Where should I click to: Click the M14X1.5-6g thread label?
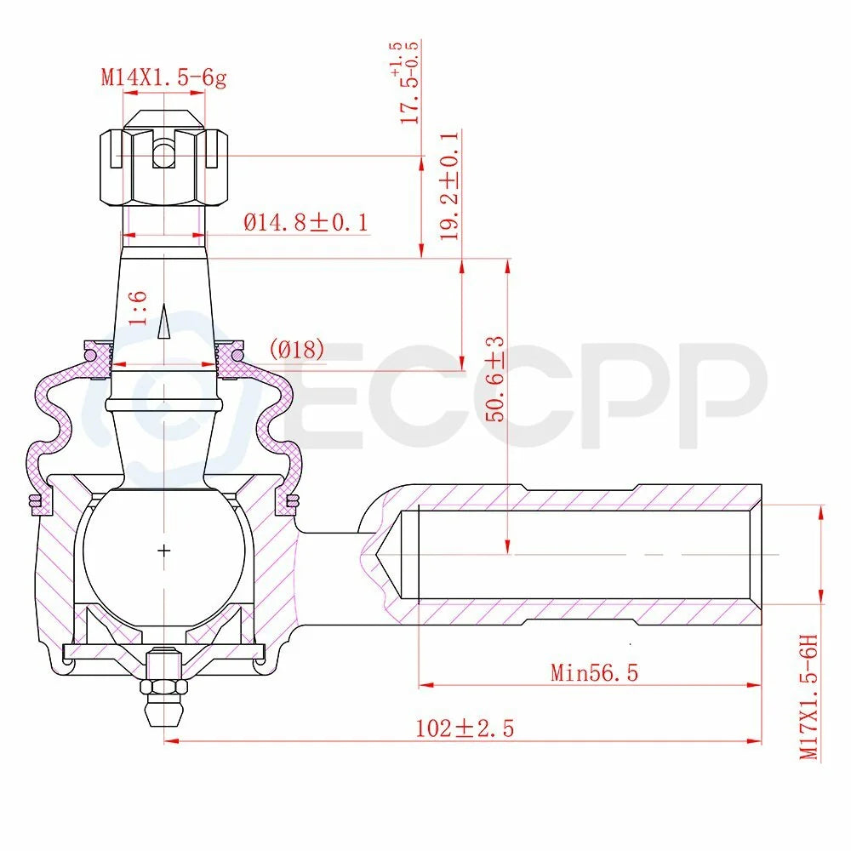click(x=163, y=77)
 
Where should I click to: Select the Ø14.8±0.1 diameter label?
click(x=306, y=222)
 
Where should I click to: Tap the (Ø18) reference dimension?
click(x=297, y=350)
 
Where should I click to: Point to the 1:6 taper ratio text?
click(x=139, y=308)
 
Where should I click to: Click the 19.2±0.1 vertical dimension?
click(x=448, y=185)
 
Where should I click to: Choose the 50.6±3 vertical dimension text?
click(x=494, y=380)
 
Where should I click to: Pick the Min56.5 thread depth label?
click(x=594, y=673)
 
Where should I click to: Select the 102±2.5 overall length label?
click(x=465, y=728)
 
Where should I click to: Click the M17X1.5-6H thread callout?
click(x=808, y=698)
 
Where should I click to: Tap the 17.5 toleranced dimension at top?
click(x=408, y=83)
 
